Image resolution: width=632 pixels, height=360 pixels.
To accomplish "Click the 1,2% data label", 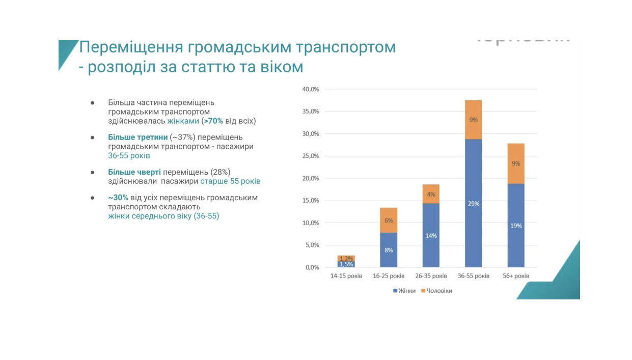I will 346,259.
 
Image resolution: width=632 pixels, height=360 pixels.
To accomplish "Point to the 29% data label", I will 473,204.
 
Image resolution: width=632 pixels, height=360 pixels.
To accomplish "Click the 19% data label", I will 516,226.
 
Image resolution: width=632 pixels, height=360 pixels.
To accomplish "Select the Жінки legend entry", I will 404,291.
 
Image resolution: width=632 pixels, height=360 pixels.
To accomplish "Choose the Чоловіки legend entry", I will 436,291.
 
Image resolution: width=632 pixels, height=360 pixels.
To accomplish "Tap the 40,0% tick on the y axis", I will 311,89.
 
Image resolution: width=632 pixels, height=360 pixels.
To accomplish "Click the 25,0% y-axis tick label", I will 311,156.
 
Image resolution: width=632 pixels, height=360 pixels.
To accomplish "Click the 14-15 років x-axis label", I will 346,276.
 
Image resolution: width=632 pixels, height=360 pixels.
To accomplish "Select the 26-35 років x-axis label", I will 431,276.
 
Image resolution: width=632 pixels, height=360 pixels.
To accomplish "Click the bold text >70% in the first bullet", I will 213,121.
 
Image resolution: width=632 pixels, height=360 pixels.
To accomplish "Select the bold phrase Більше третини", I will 138,137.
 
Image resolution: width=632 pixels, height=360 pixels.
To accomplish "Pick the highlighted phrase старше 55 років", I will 230,181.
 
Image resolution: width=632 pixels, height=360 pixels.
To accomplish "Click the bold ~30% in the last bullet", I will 118,198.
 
